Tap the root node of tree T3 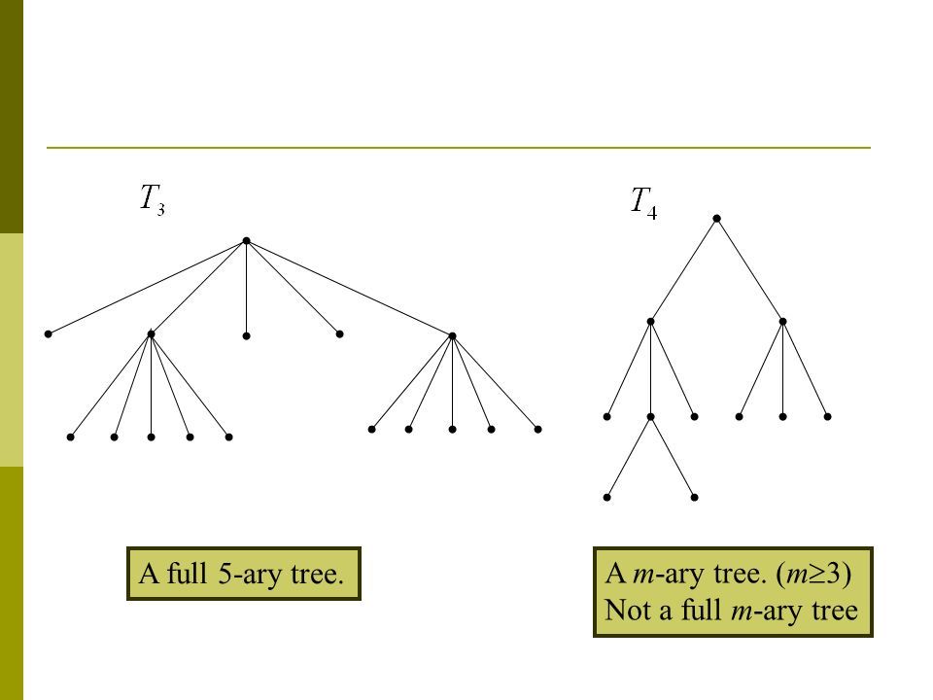[247, 240]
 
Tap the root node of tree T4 [716, 219]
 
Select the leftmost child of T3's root [48, 333]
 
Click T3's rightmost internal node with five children [453, 335]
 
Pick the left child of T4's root [651, 321]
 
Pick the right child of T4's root [782, 321]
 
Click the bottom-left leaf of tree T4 [606, 497]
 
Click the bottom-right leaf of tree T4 [696, 497]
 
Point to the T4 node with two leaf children [651, 417]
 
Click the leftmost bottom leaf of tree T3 [71, 437]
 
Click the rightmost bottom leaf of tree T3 [536, 429]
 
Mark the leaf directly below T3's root [247, 335]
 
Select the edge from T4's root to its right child [749, 270]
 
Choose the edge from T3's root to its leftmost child [147, 287]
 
